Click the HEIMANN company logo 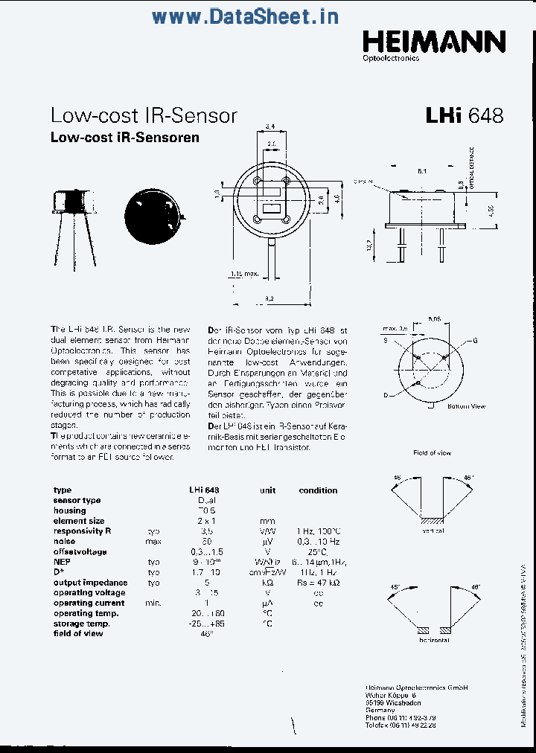434,42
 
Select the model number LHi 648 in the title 465,115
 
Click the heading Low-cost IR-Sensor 144,115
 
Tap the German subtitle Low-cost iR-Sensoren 124,138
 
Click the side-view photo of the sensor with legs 73,223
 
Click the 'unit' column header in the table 267,490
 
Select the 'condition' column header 318,490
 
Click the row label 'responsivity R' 82,531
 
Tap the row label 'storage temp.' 82,624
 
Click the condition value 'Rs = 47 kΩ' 318,583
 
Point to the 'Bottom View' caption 466,406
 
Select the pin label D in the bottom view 385,394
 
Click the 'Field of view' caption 432,452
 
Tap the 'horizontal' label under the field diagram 434,640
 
